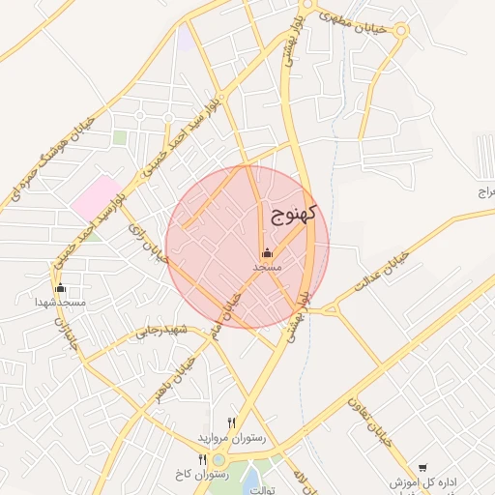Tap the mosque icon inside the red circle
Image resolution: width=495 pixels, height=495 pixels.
click(x=268, y=253)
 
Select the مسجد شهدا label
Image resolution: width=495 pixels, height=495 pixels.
click(x=61, y=303)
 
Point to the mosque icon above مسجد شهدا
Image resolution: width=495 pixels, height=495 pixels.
click(x=60, y=288)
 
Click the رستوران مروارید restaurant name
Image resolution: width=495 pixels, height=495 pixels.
click(x=230, y=438)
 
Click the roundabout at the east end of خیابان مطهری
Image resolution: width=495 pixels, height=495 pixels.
click(x=401, y=31)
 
